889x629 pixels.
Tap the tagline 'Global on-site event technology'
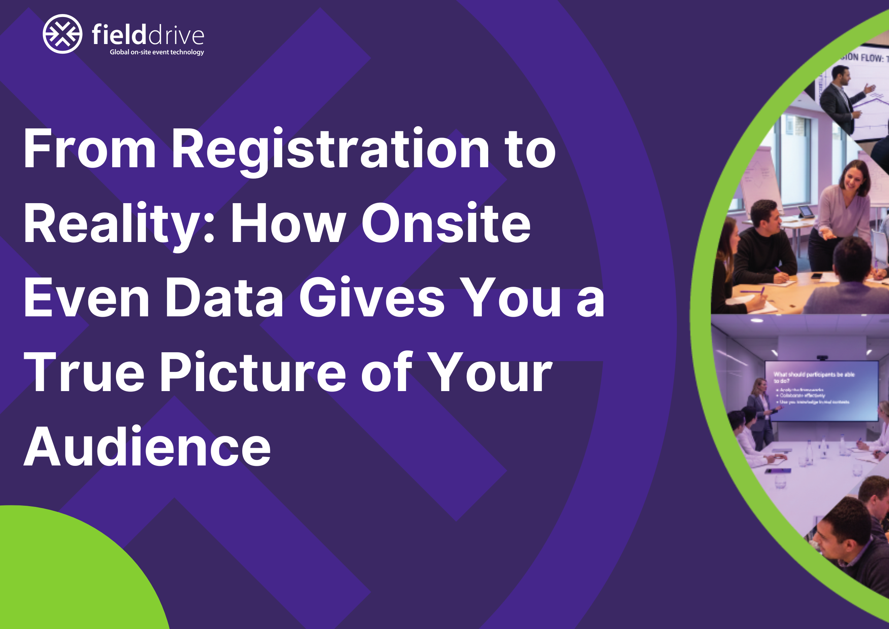click(157, 52)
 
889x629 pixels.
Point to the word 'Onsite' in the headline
click(446, 224)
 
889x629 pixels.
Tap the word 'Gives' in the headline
click(372, 298)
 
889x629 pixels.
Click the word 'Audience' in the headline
click(147, 447)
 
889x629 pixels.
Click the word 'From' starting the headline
click(90, 149)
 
